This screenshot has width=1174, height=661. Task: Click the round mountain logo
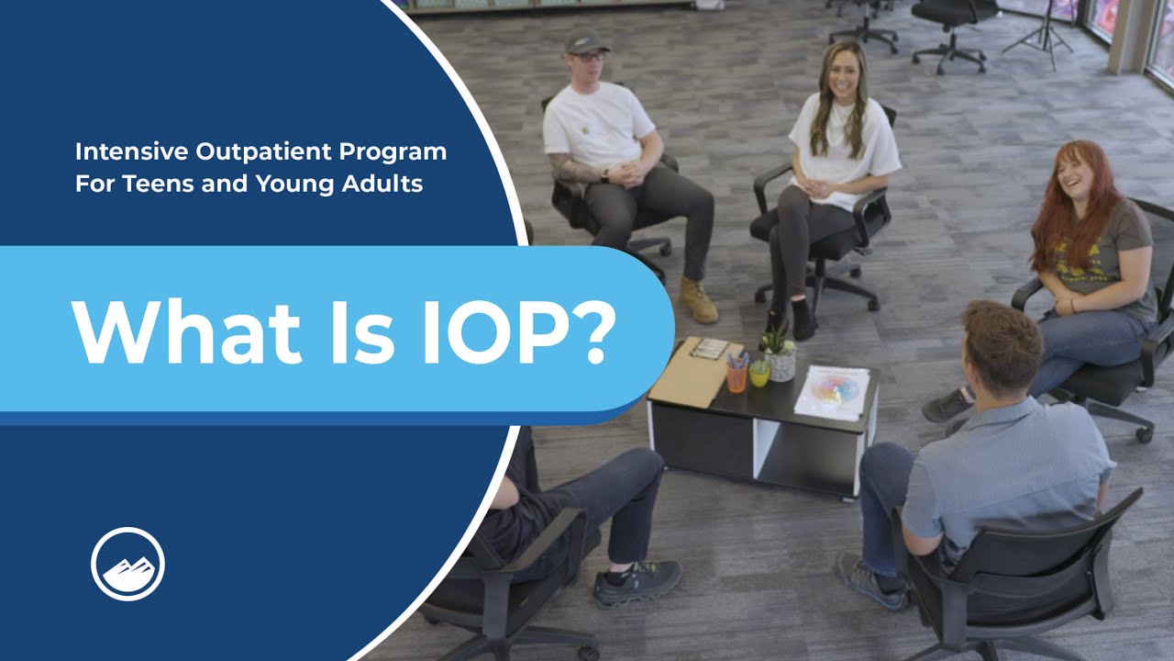click(x=127, y=564)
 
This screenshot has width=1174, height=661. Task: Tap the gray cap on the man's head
click(x=585, y=40)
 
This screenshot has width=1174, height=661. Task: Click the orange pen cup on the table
click(x=737, y=377)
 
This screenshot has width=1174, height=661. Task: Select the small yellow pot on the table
click(x=759, y=374)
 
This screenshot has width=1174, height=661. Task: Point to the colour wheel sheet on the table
click(x=833, y=391)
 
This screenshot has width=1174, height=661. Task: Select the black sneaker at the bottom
click(x=636, y=583)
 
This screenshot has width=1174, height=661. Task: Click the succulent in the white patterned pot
click(x=779, y=354)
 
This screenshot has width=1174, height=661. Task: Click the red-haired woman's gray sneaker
click(x=947, y=405)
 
